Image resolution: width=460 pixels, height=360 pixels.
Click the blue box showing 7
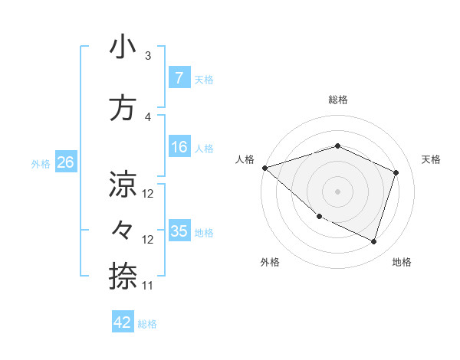(x=179, y=78)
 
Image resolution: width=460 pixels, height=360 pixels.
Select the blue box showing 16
(x=179, y=147)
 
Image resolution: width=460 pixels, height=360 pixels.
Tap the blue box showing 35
(x=179, y=231)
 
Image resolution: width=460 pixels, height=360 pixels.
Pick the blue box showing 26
(x=65, y=162)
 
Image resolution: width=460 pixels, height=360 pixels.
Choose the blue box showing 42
(x=123, y=322)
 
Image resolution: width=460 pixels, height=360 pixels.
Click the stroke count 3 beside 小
(x=148, y=56)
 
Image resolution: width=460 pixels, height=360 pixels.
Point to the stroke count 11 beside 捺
(x=148, y=286)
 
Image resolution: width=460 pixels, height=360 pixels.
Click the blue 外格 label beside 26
(x=41, y=163)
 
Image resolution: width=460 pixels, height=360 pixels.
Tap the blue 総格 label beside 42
(x=147, y=323)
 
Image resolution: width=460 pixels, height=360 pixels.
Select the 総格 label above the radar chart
(x=337, y=100)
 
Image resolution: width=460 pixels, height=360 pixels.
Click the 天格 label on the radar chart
(x=431, y=159)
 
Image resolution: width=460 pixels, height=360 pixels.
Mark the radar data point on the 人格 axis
(x=264, y=168)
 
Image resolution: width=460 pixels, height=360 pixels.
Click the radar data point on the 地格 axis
(x=374, y=242)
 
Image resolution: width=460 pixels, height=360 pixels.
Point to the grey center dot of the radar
(x=337, y=191)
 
